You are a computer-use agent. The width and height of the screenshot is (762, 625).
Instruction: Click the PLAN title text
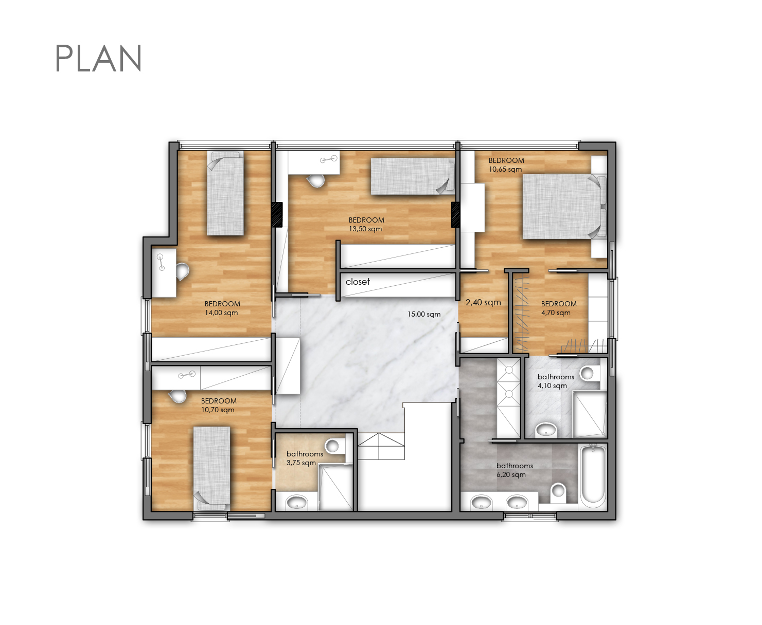coord(98,58)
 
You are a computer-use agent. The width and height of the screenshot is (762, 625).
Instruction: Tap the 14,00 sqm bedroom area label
coord(221,313)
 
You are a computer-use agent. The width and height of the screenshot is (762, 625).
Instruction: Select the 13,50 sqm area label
coord(365,229)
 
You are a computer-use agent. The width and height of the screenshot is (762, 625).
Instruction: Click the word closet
coord(358,282)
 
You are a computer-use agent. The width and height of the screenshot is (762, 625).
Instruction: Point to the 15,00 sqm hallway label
coord(424,315)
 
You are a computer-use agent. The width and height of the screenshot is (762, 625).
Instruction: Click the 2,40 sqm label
coord(483,302)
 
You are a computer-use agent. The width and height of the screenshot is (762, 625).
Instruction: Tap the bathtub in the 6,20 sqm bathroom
coord(593,475)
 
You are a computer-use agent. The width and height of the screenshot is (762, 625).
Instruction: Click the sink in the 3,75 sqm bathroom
coord(297,502)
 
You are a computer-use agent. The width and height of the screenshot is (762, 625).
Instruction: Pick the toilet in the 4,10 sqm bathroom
coord(589,373)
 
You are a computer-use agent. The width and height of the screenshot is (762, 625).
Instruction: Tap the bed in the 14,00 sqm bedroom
coord(225,193)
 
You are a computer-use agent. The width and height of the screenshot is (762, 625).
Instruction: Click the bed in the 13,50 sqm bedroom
coord(413,176)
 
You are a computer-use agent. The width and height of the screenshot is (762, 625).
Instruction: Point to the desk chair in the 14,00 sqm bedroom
coord(183,272)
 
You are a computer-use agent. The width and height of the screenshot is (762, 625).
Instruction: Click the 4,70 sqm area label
coord(556,313)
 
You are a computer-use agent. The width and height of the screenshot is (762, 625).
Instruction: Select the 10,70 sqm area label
coord(218,410)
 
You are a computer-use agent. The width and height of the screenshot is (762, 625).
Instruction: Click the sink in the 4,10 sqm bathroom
coord(545,429)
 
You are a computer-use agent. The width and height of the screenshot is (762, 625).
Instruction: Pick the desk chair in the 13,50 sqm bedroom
coord(317,180)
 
